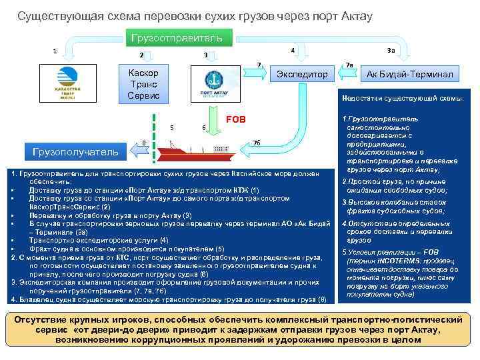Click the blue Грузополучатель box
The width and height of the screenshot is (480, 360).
tap(74, 152)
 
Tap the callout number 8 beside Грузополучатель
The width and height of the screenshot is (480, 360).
tap(144, 141)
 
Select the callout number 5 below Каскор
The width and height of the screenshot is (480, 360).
tap(172, 127)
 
